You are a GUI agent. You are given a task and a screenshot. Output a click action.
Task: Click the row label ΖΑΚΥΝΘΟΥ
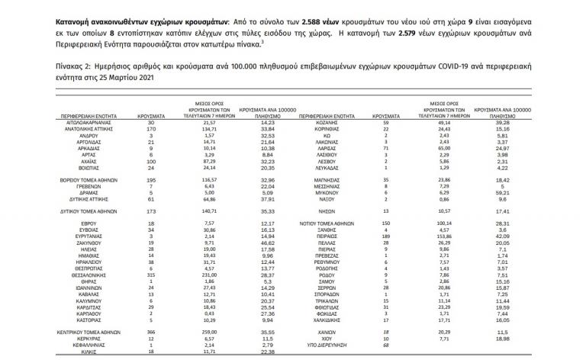click(x=69, y=243)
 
